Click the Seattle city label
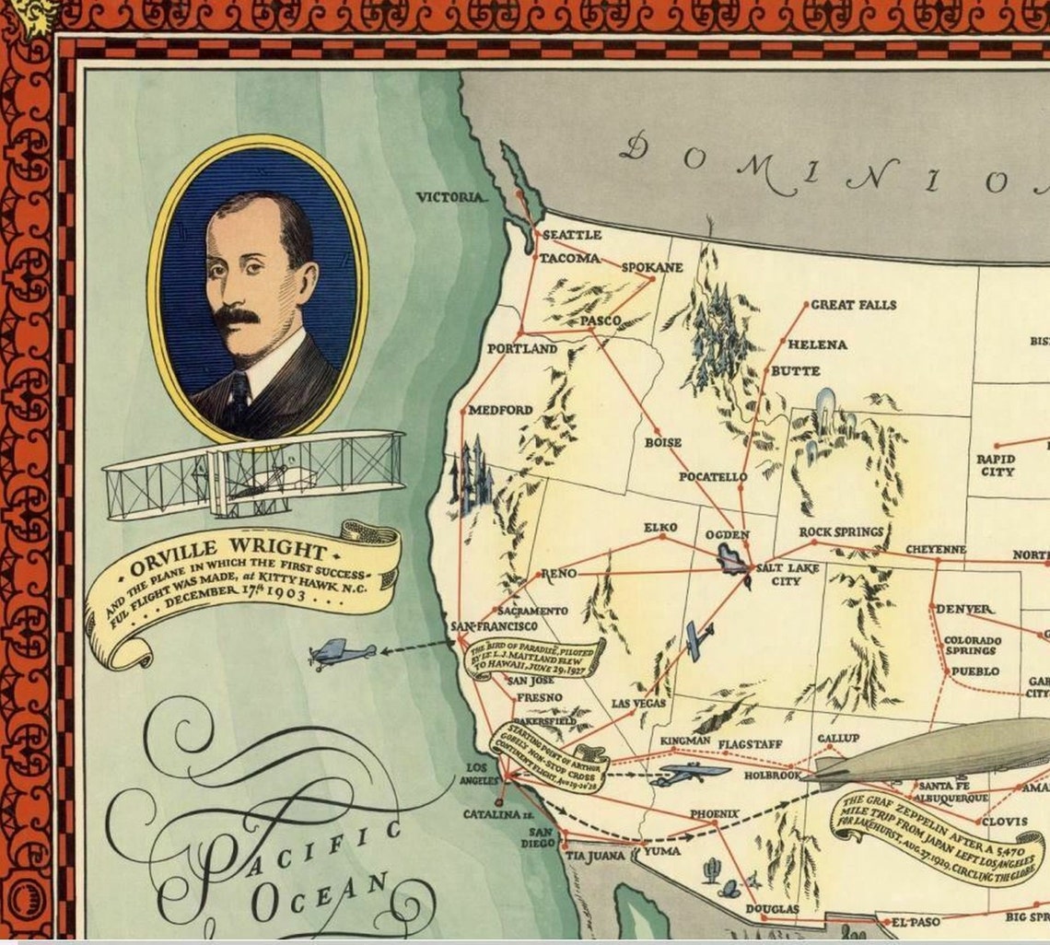(x=571, y=235)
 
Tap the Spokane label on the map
(x=652, y=268)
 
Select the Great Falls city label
(x=853, y=305)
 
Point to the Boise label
(x=662, y=443)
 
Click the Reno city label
(x=558, y=574)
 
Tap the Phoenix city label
(x=715, y=814)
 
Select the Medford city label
(x=500, y=410)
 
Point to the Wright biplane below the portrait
(x=253, y=473)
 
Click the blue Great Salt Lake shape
(x=733, y=559)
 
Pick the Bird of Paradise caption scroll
(x=533, y=658)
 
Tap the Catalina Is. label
(x=498, y=815)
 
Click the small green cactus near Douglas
(x=711, y=869)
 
